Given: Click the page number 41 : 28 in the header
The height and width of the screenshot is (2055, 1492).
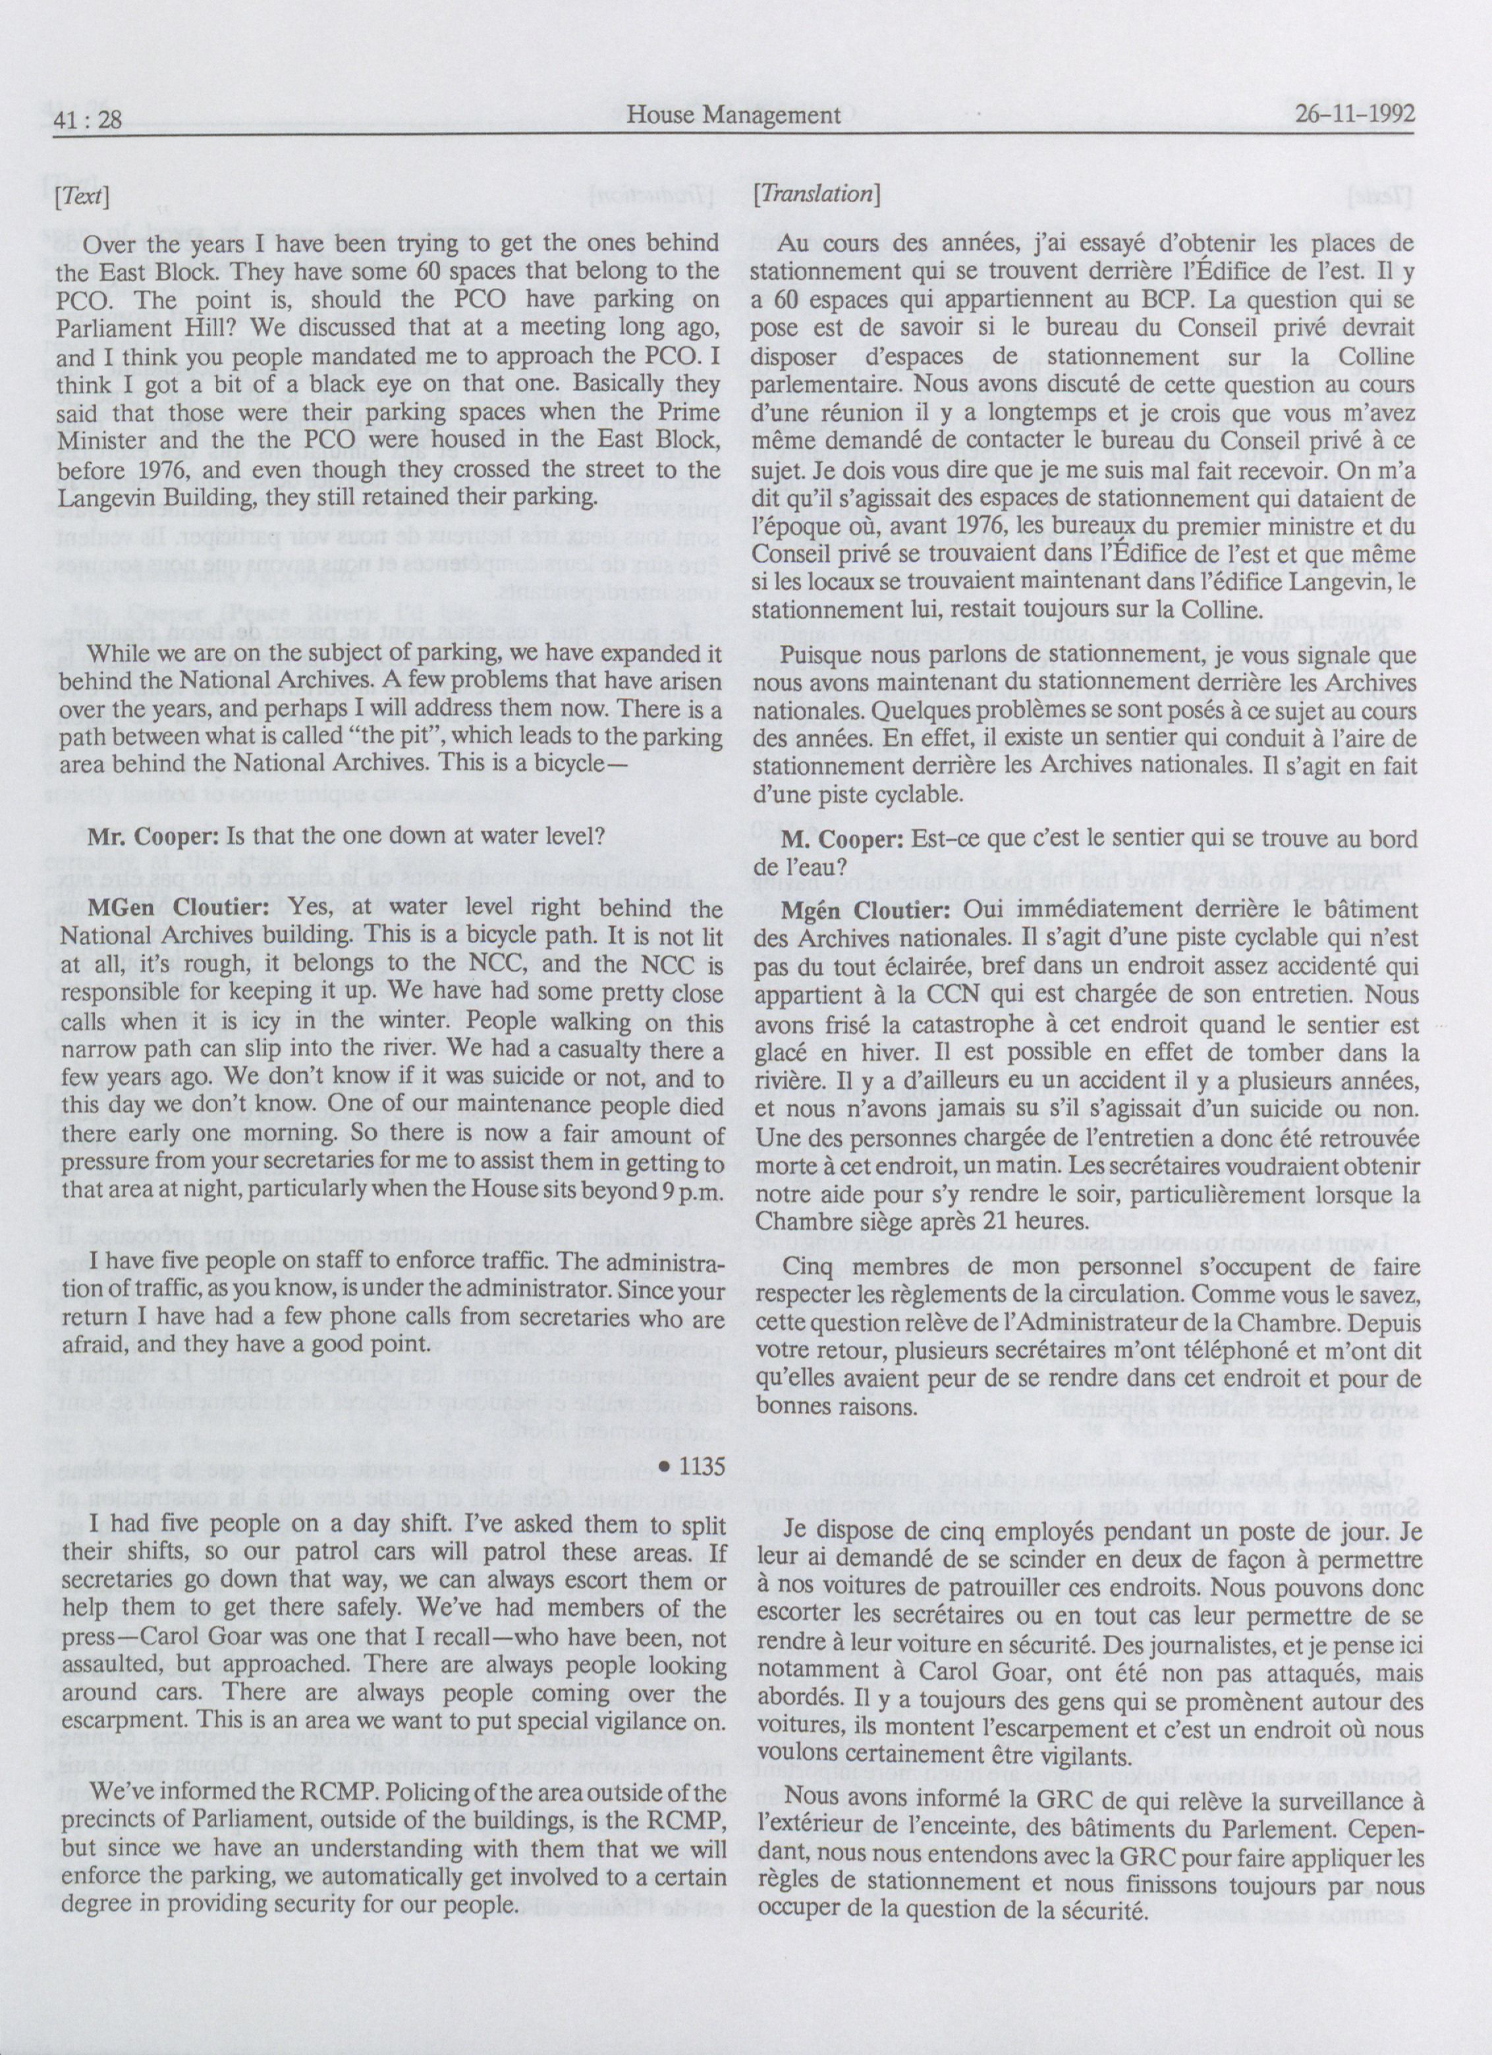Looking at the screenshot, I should [x=89, y=116].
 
